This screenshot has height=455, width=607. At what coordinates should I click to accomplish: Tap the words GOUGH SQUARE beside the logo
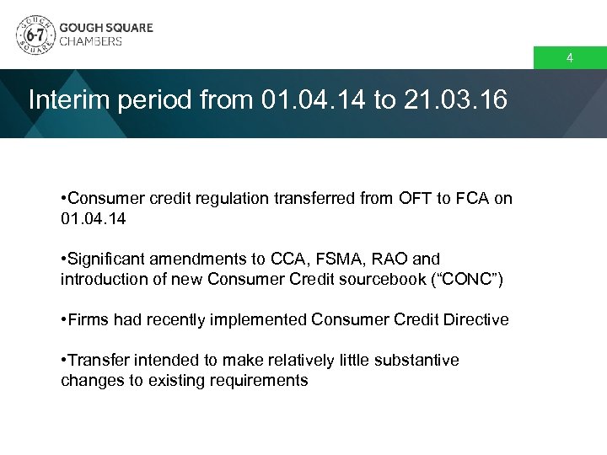[x=106, y=27]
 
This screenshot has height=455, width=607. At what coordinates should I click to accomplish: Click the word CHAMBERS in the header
[x=91, y=41]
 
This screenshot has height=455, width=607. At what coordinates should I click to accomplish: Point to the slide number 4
[x=570, y=59]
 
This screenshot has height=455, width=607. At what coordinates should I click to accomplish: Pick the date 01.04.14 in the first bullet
[x=94, y=218]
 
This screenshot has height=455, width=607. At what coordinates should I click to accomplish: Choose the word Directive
[x=478, y=319]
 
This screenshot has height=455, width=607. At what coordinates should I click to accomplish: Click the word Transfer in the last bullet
[x=96, y=360]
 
